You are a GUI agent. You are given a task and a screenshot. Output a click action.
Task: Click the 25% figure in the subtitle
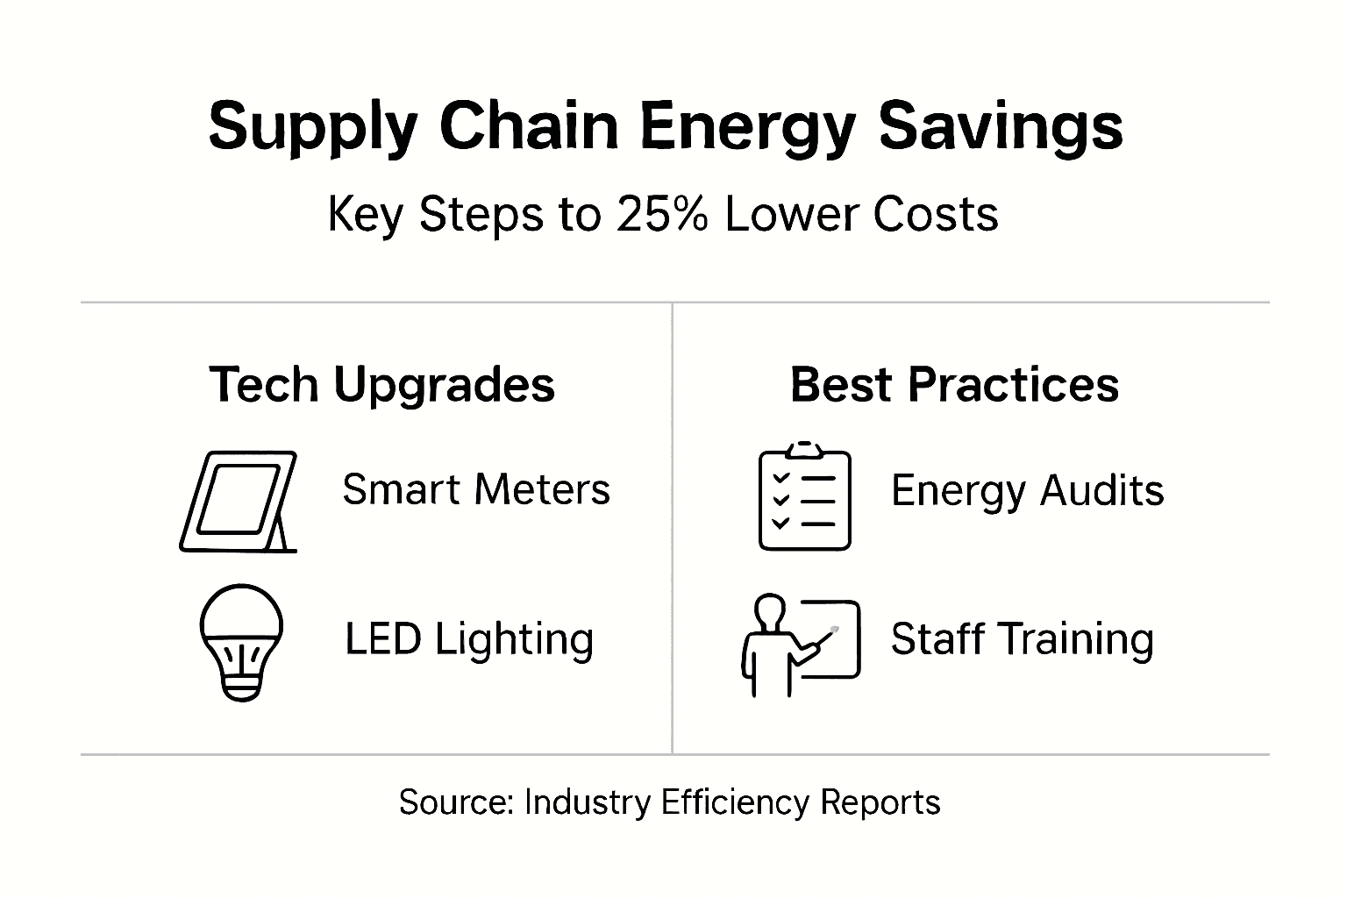661,214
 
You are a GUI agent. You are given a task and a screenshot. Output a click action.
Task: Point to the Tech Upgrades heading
382,385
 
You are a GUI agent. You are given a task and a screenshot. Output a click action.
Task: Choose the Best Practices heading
954,385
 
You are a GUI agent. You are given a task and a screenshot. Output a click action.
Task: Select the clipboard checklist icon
804,497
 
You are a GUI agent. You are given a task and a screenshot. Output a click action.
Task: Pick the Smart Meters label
476,489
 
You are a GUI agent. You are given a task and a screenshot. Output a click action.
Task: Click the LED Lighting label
469,639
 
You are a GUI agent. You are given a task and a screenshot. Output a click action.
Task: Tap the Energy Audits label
1027,490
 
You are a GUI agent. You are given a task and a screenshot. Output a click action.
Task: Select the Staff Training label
1022,639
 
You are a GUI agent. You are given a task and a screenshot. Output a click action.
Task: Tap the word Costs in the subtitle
950,214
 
